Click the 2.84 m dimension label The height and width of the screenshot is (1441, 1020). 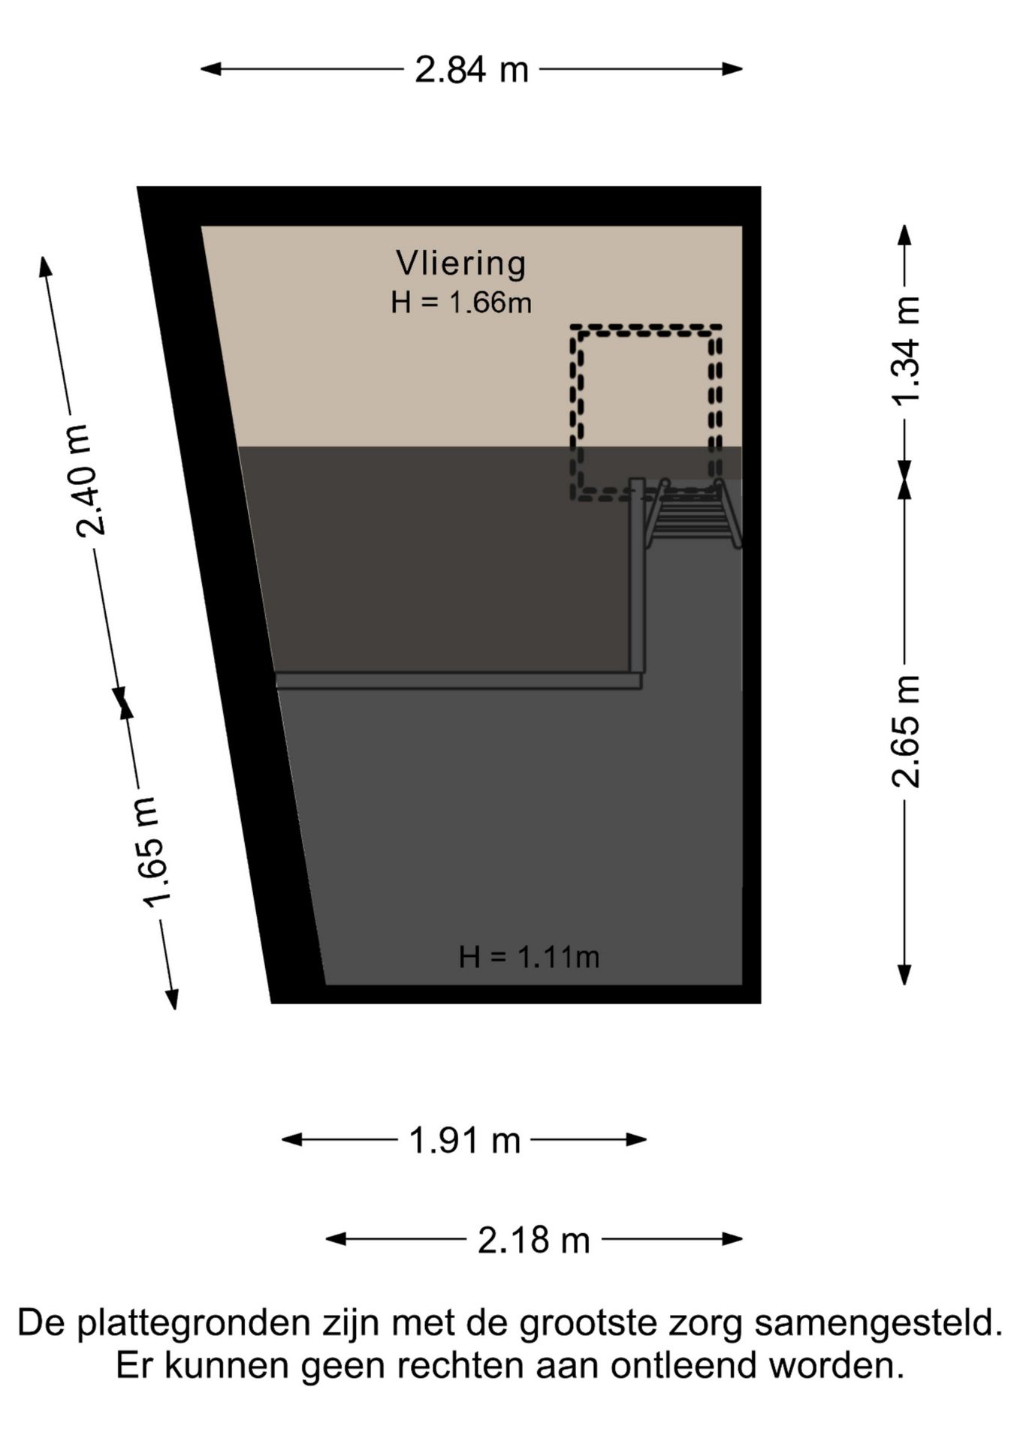pyautogui.click(x=472, y=70)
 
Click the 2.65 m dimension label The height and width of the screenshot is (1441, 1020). pyautogui.click(x=906, y=731)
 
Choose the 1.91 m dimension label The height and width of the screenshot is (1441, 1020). pyautogui.click(x=464, y=1140)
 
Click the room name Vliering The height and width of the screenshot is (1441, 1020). pyautogui.click(x=461, y=263)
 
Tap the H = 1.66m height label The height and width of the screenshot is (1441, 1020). pyautogui.click(x=461, y=302)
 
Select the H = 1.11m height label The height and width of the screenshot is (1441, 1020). pyautogui.click(x=529, y=957)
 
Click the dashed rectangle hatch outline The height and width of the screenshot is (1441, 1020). pyautogui.click(x=646, y=328)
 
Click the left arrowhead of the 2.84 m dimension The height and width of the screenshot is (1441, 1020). pyautogui.click(x=210, y=69)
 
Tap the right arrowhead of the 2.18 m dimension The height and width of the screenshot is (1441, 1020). pyautogui.click(x=733, y=1238)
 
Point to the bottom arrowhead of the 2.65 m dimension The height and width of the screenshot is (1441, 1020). pyautogui.click(x=905, y=975)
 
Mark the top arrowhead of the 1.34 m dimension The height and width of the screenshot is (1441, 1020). pyautogui.click(x=905, y=235)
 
